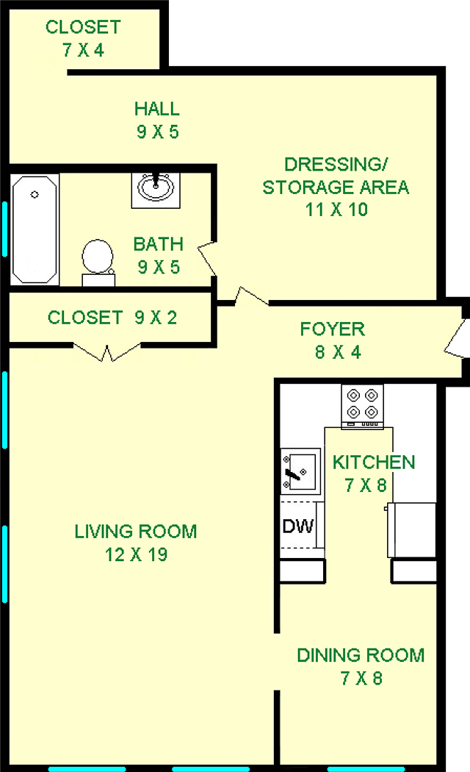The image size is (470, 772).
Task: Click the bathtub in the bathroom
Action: coord(35,229)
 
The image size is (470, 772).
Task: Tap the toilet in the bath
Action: coord(98,262)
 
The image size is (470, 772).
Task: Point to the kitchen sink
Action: coord(300,471)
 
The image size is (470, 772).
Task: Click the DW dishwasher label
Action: coord(298,526)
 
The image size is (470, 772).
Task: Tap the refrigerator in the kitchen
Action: coord(411,530)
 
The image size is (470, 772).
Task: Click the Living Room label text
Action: coord(136,532)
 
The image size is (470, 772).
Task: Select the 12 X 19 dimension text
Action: coord(136,555)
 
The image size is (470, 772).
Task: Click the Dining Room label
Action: coord(361,655)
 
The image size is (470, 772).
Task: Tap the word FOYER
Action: coord(333,329)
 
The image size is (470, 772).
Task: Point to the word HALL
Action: coord(157,109)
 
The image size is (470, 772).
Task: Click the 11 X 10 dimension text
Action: coord(337,210)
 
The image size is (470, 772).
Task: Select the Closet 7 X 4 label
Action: coord(83,38)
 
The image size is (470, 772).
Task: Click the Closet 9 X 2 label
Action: coord(112,318)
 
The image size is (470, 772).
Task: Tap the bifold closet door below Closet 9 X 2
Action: coord(107,351)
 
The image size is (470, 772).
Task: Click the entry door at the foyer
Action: coord(456,339)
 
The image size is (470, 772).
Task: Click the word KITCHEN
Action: coord(374,462)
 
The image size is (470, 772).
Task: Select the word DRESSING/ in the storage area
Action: coord(336,165)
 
